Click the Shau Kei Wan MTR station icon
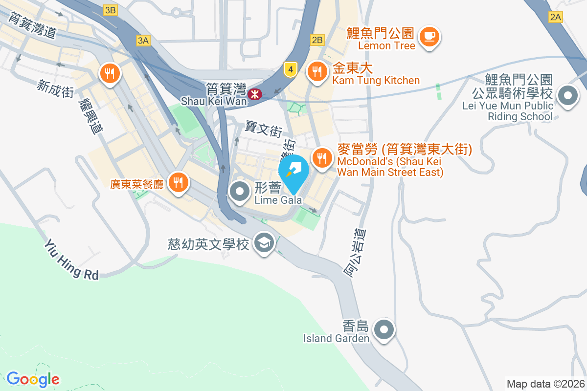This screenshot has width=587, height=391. coord(254,94)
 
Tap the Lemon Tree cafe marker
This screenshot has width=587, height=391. coord(430,36)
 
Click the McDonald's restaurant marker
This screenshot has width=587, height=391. coord(321,158)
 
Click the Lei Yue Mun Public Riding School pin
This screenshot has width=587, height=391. coord(567,96)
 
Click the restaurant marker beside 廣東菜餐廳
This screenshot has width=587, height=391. coord(177,183)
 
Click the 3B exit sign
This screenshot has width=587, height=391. coord(111,10)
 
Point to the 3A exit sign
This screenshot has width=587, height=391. coord(143,41)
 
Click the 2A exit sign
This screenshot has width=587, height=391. coord(556,18)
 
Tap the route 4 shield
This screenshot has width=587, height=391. coord(291,70)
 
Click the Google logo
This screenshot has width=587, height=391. coord(33,379)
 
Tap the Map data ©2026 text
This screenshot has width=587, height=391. coord(545,384)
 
